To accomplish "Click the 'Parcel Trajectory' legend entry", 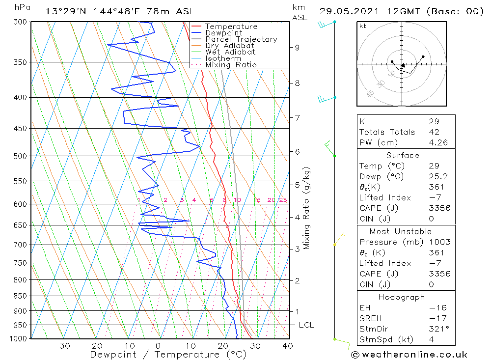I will pyautogui.click(x=241, y=39).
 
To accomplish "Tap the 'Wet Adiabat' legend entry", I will pyautogui.click(x=230, y=52).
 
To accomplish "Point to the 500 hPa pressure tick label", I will pyautogui.click(x=20, y=156).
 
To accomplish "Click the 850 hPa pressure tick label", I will pyautogui.click(x=20, y=296).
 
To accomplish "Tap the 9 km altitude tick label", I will pyautogui.click(x=297, y=48).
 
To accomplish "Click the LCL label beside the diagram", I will pyautogui.click(x=306, y=325).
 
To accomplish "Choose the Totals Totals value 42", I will pyautogui.click(x=433, y=132).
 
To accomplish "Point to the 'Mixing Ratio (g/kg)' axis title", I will pyautogui.click(x=307, y=208).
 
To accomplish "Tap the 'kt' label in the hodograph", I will pyautogui.click(x=363, y=26).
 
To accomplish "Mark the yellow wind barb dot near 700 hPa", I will pyautogui.click(x=334, y=245).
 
